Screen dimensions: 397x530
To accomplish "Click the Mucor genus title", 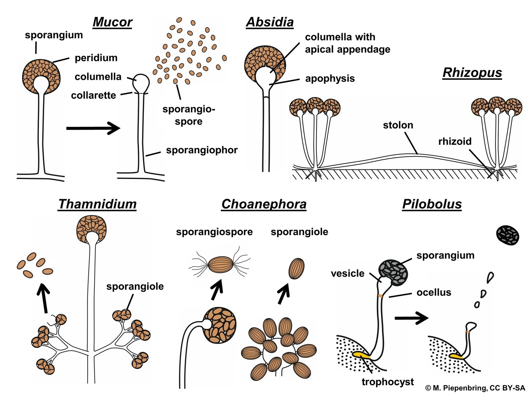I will [x=112, y=22].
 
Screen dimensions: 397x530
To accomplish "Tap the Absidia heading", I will [x=270, y=22].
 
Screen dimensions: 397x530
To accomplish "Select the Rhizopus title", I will [x=472, y=72].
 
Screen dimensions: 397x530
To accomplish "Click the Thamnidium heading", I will [x=97, y=204].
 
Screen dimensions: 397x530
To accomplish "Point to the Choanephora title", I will [x=264, y=204].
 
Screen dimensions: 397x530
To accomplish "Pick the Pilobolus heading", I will [x=432, y=204].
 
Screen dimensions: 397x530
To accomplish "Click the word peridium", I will [x=96, y=58].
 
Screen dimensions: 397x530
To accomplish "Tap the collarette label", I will [x=93, y=96].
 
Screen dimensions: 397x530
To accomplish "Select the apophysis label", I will [x=330, y=78].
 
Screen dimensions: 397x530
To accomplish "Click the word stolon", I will [x=398, y=125].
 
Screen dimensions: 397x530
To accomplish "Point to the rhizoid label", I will [x=455, y=142].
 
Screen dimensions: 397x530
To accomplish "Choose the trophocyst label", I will [x=388, y=382].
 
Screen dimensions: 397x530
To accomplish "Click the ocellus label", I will [x=434, y=293].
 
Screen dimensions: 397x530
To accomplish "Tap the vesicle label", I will [x=347, y=273].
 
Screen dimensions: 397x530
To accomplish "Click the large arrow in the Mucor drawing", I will [x=93, y=128].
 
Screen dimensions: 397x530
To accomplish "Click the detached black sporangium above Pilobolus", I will [x=508, y=236].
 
